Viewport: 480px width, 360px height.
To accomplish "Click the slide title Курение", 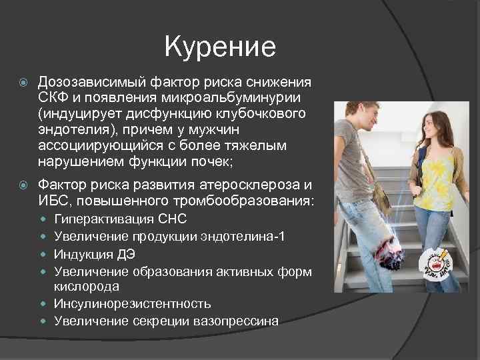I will [x=219, y=47].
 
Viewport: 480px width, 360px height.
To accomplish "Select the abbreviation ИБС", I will [x=53, y=201].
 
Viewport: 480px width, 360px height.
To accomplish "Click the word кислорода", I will [x=87, y=287].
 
